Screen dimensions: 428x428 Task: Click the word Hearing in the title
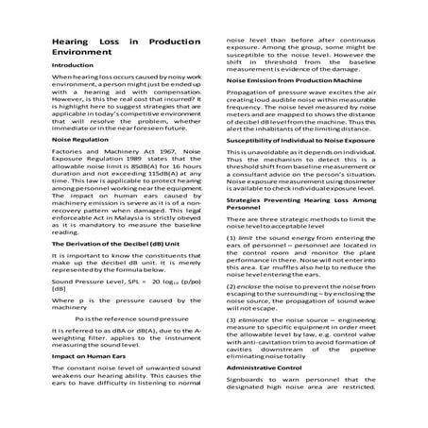69,43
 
